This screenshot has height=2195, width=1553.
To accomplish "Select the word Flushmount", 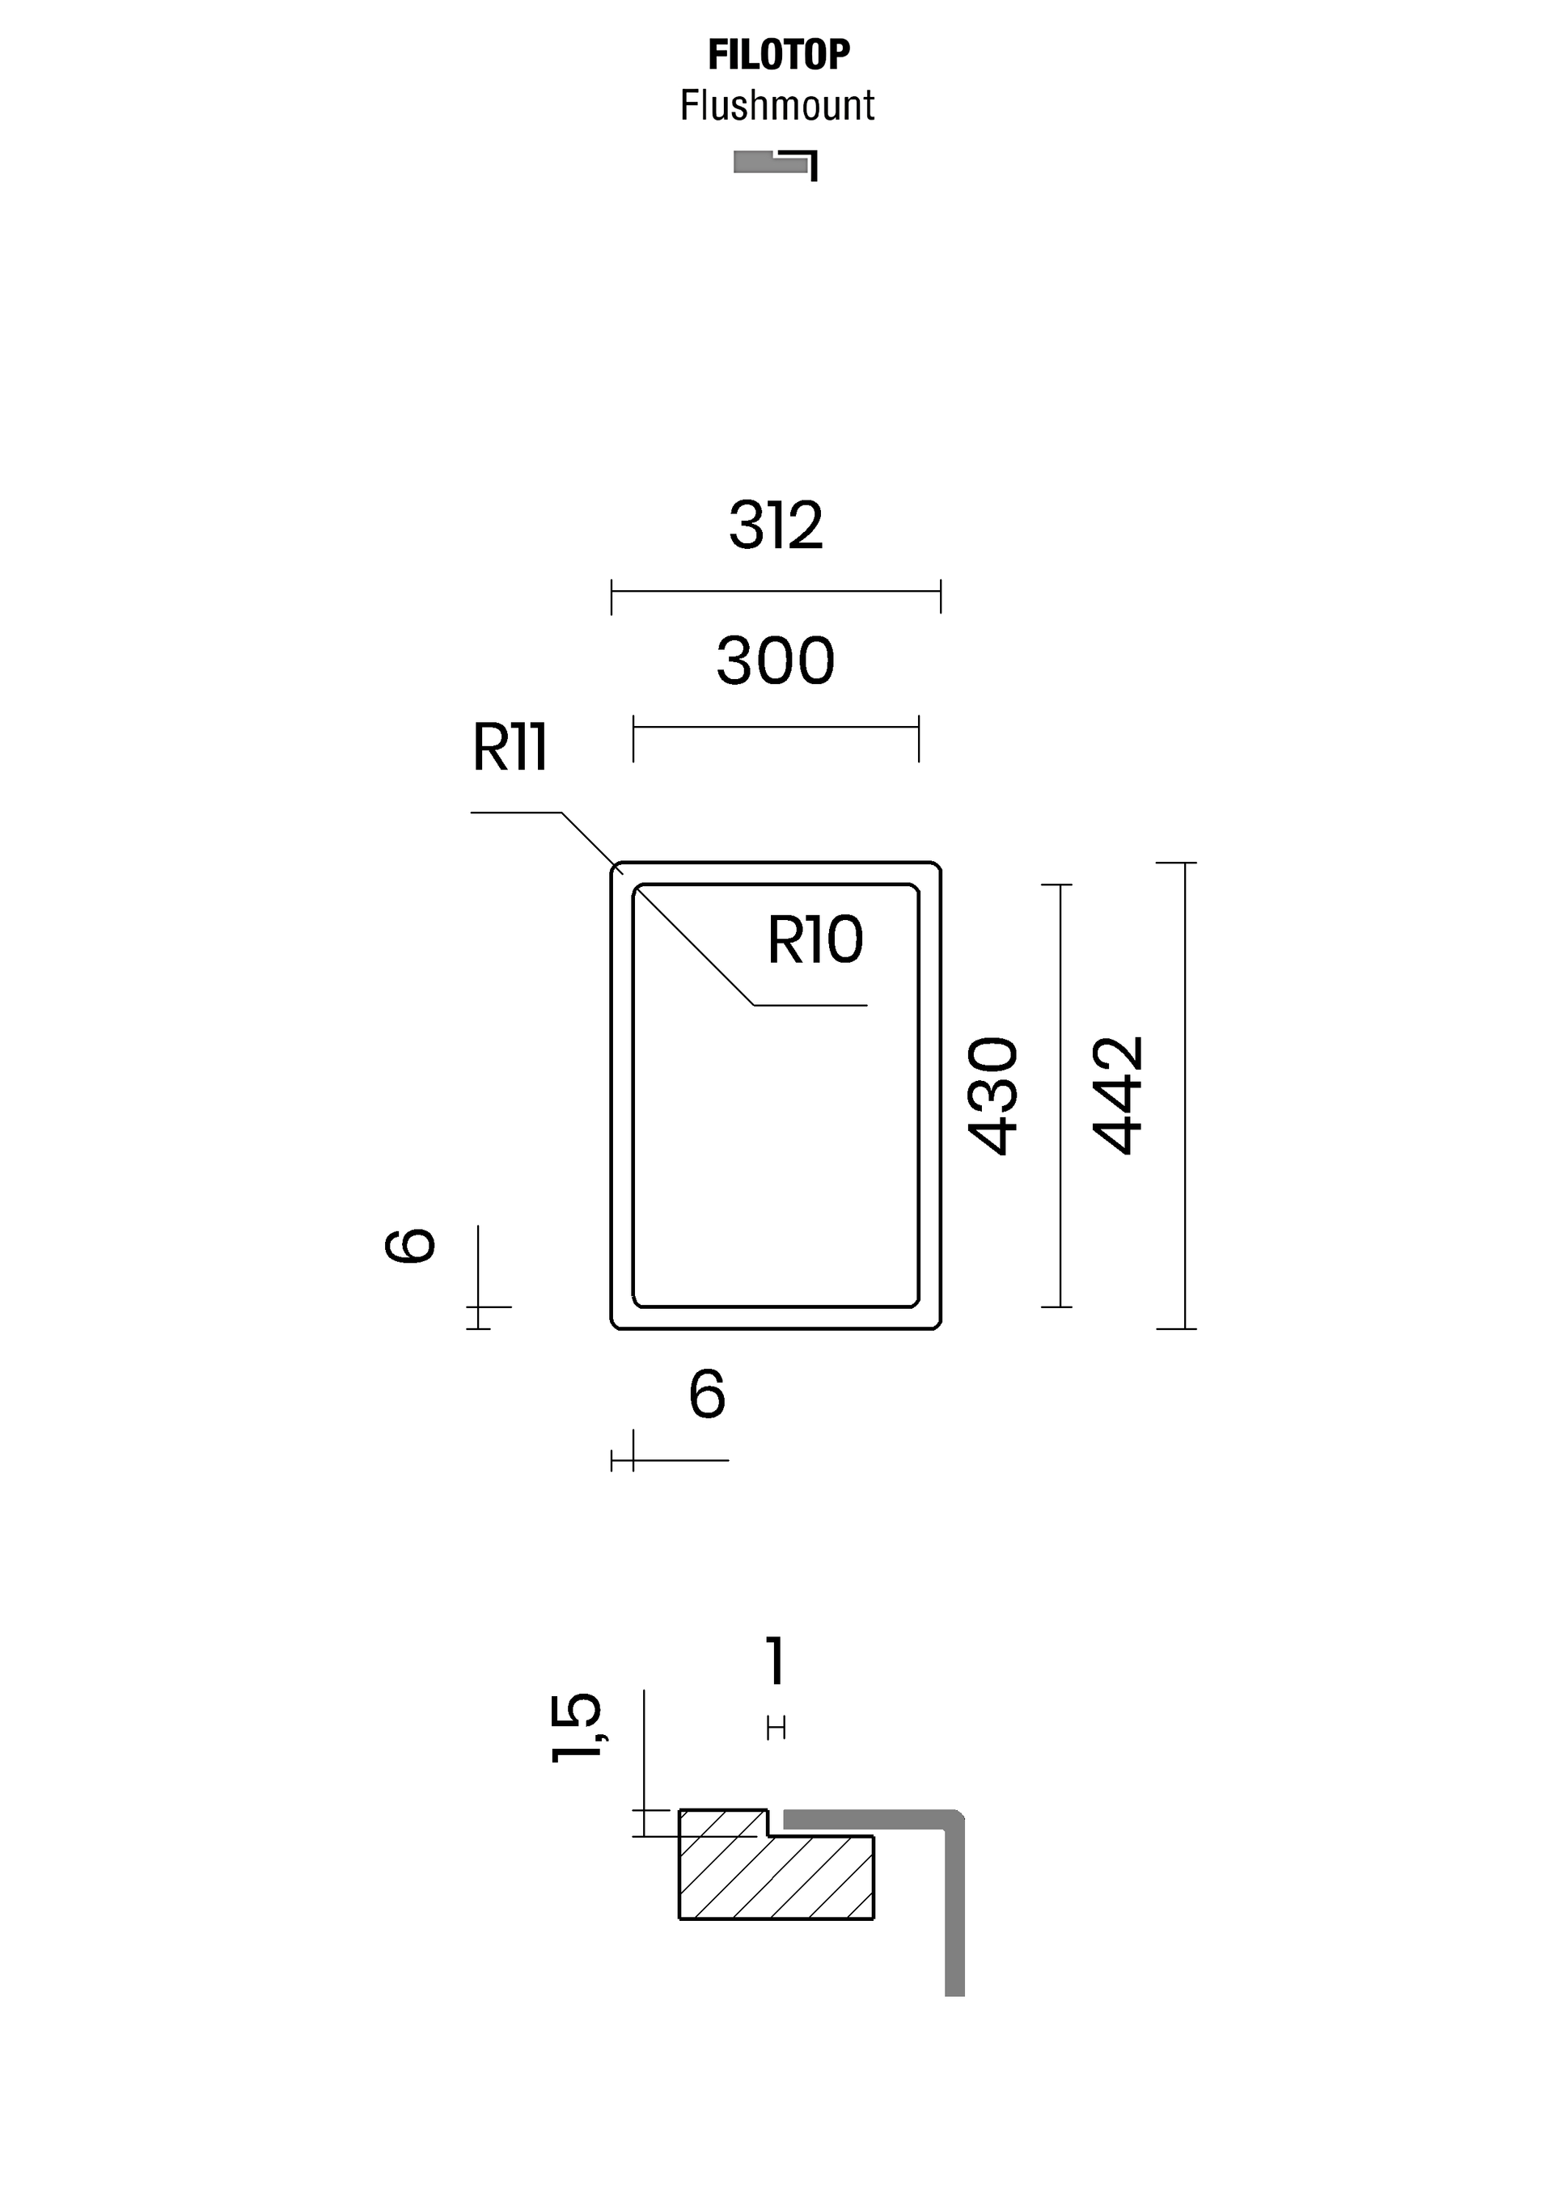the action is click(x=777, y=105).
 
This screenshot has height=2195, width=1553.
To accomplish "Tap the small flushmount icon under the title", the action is click(x=776, y=164).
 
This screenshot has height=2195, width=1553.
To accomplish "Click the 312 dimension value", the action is click(x=776, y=525).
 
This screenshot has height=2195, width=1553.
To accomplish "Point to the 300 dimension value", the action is click(x=776, y=661).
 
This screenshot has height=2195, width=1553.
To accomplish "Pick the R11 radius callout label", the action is click(x=510, y=748).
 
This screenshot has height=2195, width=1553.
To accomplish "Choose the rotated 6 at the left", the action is click(x=410, y=1246).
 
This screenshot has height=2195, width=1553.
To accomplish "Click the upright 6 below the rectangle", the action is click(x=708, y=1395).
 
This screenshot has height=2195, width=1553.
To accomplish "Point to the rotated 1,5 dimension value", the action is click(x=577, y=1728).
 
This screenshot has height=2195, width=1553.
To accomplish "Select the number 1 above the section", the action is click(x=776, y=1661).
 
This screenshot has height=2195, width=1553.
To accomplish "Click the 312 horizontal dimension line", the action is click(x=776, y=592).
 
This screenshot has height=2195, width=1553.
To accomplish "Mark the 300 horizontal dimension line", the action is click(x=776, y=728).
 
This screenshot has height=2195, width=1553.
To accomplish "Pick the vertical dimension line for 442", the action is click(x=1185, y=1095).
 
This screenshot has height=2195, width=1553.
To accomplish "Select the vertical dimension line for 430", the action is click(x=1060, y=1095).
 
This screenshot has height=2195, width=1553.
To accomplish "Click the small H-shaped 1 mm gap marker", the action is click(x=776, y=1729).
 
